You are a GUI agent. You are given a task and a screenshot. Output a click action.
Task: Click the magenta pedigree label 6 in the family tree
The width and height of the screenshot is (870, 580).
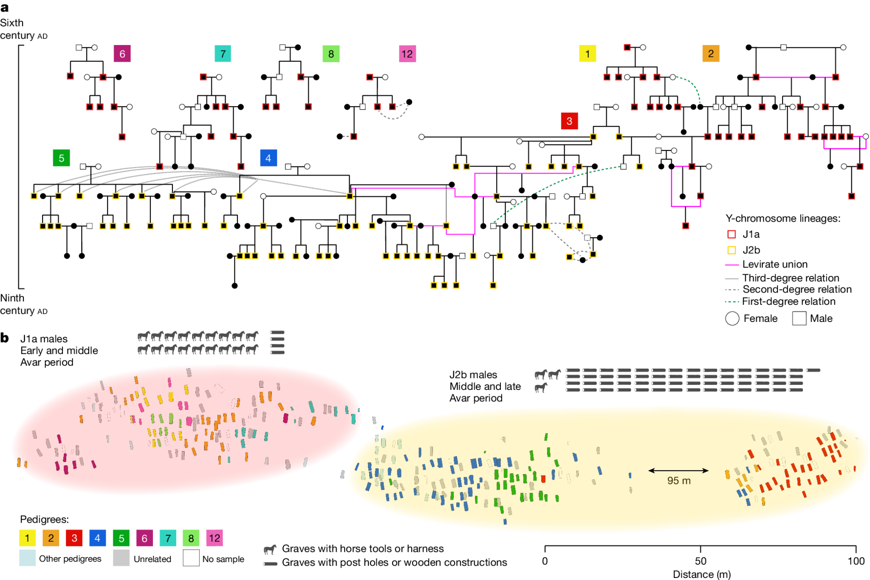pos(122,54)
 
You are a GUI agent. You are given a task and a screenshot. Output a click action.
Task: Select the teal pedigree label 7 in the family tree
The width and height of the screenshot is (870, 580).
pos(223,54)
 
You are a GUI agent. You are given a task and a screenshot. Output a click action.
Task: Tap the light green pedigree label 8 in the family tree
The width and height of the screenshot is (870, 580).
pos(331,54)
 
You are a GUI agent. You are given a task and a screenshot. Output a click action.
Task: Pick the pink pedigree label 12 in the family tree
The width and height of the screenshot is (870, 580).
pos(407,54)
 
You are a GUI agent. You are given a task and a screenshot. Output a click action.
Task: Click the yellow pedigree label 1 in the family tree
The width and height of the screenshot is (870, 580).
pos(588,54)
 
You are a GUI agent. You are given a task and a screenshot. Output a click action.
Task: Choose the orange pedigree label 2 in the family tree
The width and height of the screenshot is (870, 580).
pos(711,54)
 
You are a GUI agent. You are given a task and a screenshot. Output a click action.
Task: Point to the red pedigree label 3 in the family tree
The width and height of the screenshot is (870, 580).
pos(569,121)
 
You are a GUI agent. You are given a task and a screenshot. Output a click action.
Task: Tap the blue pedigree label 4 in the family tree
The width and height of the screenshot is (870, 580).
pos(268,158)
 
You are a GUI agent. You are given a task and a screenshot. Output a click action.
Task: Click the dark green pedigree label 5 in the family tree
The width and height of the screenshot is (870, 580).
pos(61,158)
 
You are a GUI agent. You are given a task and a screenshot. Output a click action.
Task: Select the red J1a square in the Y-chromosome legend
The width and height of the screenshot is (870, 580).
pos(732,234)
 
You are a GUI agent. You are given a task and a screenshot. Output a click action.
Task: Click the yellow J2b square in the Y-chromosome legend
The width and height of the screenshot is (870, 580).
pos(732,250)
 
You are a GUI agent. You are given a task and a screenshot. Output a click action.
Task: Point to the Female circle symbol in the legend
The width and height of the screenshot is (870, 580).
pos(732,318)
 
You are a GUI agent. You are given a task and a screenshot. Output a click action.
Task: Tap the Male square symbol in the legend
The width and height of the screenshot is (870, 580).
pos(799,318)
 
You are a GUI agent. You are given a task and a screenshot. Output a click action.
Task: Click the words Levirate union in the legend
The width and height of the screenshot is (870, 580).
pos(774,264)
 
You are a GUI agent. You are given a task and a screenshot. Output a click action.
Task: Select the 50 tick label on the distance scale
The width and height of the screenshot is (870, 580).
pos(701,561)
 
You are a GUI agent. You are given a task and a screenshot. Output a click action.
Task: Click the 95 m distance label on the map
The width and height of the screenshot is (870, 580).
pos(678,481)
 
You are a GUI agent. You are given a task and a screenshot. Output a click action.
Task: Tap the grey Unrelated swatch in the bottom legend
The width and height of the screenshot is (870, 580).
pos(121,558)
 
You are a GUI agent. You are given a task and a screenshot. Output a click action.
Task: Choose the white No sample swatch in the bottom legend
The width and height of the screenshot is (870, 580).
pos(191,558)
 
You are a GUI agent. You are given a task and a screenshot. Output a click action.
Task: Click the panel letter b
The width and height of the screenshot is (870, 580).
pos(5,338)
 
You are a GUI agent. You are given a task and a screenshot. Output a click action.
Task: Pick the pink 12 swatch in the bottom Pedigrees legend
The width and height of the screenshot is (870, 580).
pos(215,538)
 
